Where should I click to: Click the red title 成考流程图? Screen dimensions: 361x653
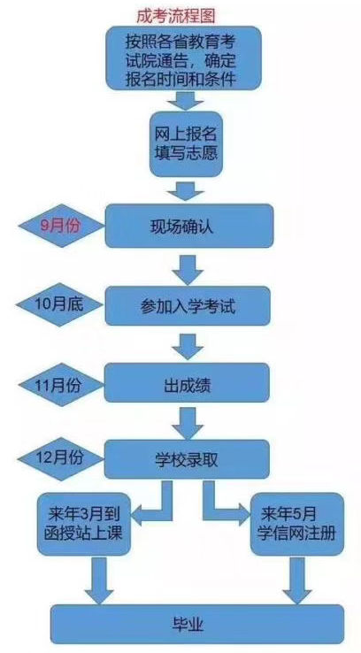pos(176,16)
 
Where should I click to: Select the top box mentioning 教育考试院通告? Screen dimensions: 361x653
pos(184,58)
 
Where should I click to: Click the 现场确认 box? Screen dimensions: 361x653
pos(189,226)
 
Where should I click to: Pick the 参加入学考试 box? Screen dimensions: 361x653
pos(188,305)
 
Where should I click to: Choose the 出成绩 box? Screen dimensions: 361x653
pos(187,383)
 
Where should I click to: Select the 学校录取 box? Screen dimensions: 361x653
pos(187,459)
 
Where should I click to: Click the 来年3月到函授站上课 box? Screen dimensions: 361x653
pos(84,524)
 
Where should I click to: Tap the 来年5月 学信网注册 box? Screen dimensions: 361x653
pos(296,524)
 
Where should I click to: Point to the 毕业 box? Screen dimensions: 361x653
pos(197,625)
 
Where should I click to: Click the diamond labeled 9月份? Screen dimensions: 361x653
pos(61,226)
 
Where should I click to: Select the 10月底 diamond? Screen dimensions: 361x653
pos(59,305)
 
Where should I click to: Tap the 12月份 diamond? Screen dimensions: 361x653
pos(61,458)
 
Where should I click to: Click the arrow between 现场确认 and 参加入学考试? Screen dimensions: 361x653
pos(188,270)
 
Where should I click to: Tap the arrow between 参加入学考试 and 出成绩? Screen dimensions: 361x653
pos(188,347)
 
